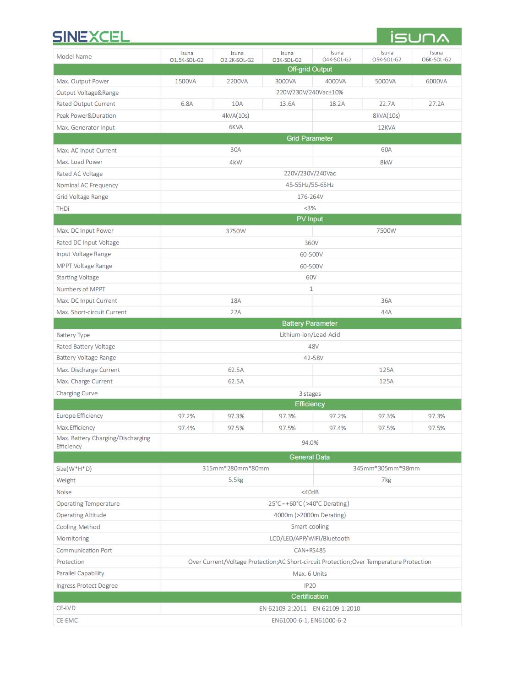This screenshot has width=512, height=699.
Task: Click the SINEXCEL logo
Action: tap(91, 37)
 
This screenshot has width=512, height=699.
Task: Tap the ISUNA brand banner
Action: tap(419, 37)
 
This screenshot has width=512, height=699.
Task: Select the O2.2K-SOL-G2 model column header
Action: tap(237, 56)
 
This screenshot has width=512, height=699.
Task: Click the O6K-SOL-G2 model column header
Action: tap(436, 56)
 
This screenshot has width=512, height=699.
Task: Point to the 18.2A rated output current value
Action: tap(337, 104)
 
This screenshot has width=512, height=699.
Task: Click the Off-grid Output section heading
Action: tap(310, 69)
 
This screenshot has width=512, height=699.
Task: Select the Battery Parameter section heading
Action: tap(310, 323)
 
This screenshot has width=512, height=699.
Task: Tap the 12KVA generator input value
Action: tap(387, 127)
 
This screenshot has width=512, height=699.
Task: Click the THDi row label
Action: tap(63, 208)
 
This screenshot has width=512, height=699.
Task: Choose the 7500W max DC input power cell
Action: tap(386, 231)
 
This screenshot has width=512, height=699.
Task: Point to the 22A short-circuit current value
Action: tap(235, 312)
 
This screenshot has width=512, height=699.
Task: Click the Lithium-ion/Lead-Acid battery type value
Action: tap(310, 335)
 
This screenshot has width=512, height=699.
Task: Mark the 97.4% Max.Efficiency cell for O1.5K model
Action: tap(186, 428)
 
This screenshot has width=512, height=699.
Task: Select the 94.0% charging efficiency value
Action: tap(310, 442)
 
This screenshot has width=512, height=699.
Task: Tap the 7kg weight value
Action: tap(386, 480)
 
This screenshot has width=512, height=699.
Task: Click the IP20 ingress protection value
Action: tap(310, 585)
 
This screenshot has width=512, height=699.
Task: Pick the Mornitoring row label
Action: tap(72, 539)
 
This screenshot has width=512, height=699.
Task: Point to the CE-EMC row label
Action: tap(67, 620)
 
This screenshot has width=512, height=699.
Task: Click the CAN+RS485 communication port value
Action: tap(310, 550)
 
